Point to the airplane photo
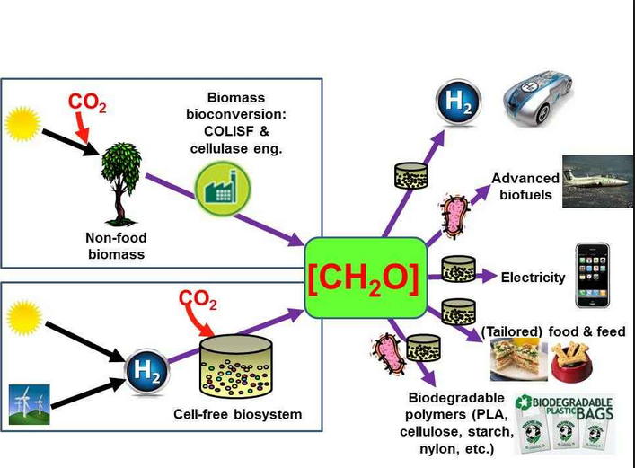pyautogui.click(x=597, y=188)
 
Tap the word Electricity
pyautogui.click(x=534, y=278)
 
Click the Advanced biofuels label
pyautogui.click(x=525, y=186)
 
